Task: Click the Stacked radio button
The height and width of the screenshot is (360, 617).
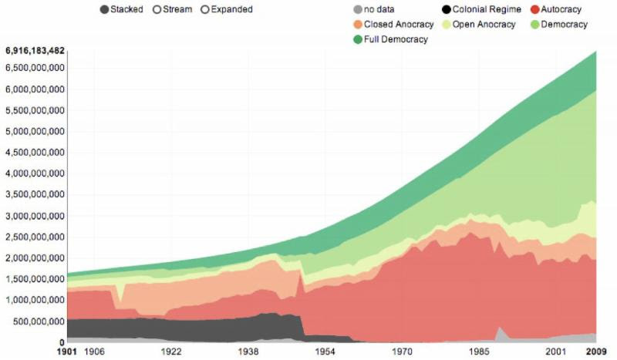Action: [104, 9]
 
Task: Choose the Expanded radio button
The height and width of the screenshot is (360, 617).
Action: [205, 9]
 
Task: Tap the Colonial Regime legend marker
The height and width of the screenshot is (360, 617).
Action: [425, 9]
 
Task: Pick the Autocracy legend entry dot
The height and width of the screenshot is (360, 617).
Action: [515, 9]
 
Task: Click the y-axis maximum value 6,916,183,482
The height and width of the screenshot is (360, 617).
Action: [34, 51]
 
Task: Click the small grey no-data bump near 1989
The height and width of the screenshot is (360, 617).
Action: [499, 334]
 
